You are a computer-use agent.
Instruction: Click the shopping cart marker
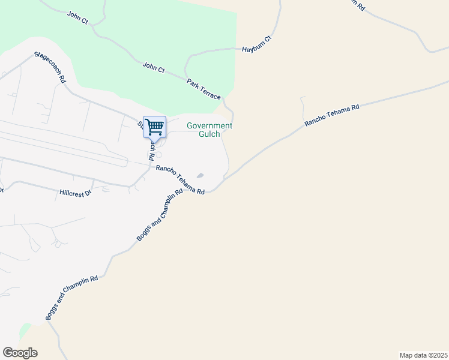pos(154,127)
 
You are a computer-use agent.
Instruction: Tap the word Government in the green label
pos(209,126)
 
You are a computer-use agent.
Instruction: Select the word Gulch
pos(209,134)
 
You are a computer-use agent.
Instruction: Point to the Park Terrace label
pos(203,89)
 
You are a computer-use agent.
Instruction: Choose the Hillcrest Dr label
pos(75,193)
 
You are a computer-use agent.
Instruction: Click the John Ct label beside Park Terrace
pos(154,67)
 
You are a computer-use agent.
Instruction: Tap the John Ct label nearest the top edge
pos(78,17)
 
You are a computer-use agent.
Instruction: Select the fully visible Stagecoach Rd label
pos(50,67)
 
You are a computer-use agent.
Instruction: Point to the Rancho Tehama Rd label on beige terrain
pos(332,115)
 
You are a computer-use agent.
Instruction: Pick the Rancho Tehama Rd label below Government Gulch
pos(181,179)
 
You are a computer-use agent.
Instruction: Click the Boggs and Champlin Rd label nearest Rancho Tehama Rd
pos(158,217)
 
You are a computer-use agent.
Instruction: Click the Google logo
pos(20,353)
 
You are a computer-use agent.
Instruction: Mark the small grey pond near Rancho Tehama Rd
pos(200,175)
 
